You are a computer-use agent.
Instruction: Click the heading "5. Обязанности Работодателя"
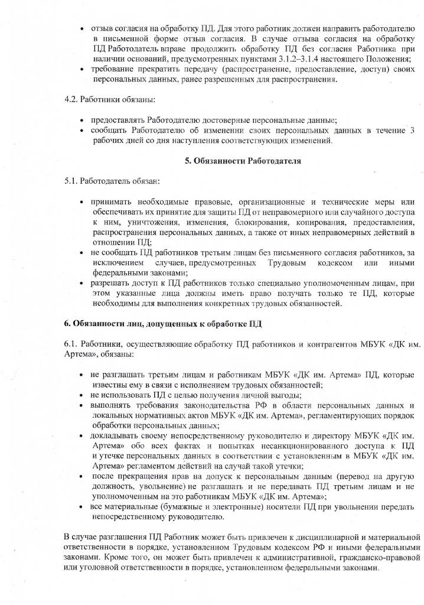(x=242, y=161)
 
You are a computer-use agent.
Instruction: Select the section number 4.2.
(x=72, y=100)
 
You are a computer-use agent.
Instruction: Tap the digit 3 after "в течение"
(x=412, y=130)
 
